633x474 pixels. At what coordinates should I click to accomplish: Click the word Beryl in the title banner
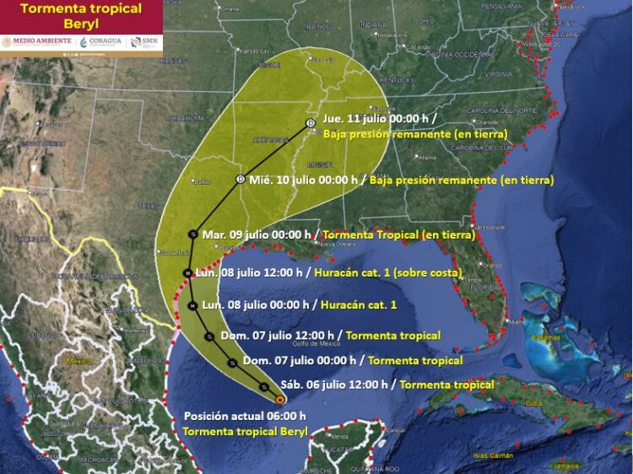[81, 24]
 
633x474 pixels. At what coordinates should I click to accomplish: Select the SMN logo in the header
[146, 41]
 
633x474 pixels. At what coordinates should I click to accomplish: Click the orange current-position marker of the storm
[279, 400]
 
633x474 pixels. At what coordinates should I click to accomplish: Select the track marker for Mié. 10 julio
[241, 180]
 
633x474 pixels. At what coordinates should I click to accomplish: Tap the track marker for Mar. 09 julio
[193, 234]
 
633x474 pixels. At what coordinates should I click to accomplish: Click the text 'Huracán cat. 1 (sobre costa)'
[387, 273]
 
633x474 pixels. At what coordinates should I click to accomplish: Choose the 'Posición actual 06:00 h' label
[245, 416]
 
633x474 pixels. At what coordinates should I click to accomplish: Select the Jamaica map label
[567, 465]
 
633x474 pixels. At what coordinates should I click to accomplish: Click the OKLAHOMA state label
[187, 118]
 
